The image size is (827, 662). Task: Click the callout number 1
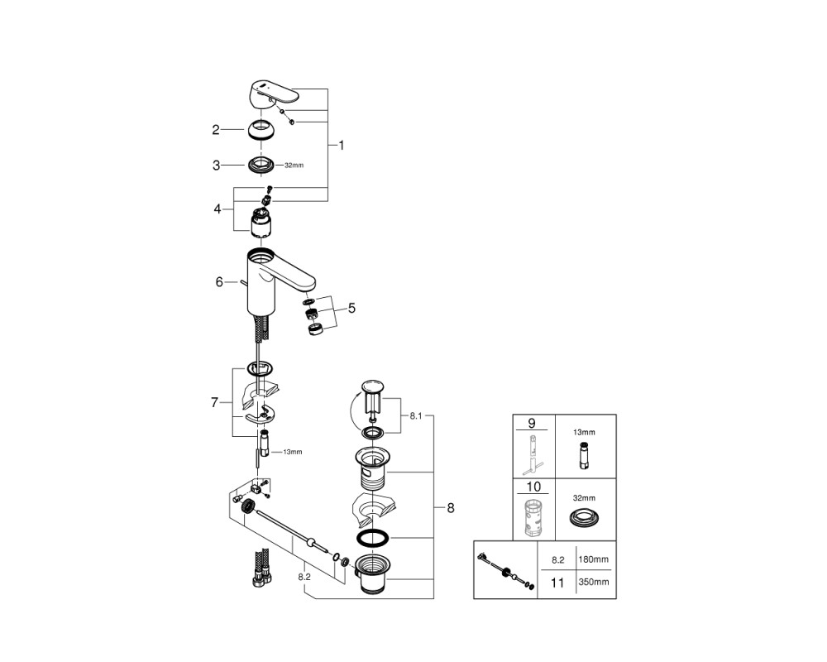click(342, 145)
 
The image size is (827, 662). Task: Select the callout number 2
click(216, 130)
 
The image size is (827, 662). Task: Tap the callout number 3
click(216, 165)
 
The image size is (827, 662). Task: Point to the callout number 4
click(218, 209)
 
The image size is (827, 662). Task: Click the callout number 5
click(351, 308)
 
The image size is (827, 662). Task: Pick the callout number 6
click(219, 282)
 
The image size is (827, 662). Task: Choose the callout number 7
click(214, 403)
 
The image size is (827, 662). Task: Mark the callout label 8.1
click(416, 416)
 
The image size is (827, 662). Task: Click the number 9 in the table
click(532, 424)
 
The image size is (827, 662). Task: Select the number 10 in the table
click(533, 487)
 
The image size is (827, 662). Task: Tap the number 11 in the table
click(557, 583)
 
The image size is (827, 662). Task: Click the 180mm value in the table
click(593, 559)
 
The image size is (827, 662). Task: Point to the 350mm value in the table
click(593, 583)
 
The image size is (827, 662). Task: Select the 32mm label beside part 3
click(294, 165)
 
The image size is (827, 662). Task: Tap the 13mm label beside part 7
click(293, 452)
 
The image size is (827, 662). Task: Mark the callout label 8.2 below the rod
click(304, 577)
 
